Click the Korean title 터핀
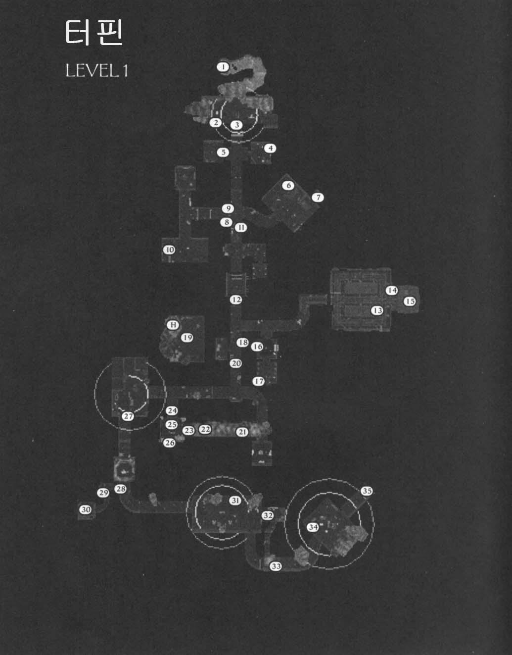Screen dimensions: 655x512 tap(93, 33)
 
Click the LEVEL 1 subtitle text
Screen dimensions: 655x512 tap(97, 70)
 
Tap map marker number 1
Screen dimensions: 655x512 tap(224, 66)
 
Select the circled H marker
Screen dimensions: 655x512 tap(173, 325)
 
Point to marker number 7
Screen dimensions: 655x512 tap(318, 198)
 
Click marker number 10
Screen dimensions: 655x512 tap(170, 250)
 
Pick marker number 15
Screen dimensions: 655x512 tap(410, 301)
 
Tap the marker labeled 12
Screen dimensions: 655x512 tap(236, 300)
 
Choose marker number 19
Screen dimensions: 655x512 tap(187, 338)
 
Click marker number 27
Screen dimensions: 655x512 tap(129, 416)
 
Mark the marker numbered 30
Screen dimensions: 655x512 tap(86, 509)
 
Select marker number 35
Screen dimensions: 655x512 tap(367, 491)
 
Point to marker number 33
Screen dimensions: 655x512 tap(276, 566)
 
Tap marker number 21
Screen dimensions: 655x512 tap(242, 432)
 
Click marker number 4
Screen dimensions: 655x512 tap(270, 148)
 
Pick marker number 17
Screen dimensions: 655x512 tap(259, 381)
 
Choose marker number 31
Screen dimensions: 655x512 tap(235, 501)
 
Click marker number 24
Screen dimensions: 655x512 tap(172, 410)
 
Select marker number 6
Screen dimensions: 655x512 tap(288, 186)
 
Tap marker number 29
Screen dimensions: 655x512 tap(103, 493)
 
